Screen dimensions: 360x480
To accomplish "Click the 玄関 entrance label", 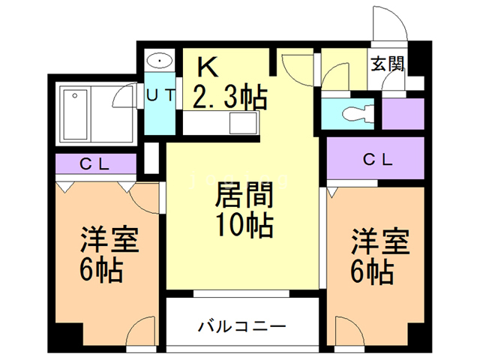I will pos(387,64).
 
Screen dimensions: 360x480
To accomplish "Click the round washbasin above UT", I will pos(160,60).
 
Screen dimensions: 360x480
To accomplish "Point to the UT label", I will pos(160,95).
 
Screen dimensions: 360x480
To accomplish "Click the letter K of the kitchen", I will pos(207,67).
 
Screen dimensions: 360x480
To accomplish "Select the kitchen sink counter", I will pos(244,121).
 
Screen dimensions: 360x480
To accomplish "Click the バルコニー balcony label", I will pos(241,327).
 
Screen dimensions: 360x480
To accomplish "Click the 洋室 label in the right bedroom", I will pos(381,243).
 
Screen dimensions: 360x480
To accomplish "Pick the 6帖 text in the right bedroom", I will pos(372,271).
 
